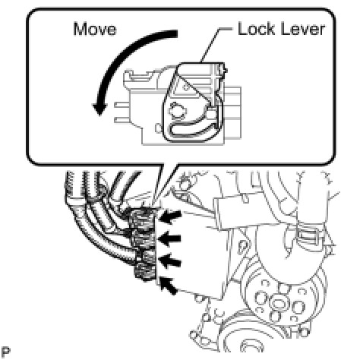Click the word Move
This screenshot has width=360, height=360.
click(95, 29)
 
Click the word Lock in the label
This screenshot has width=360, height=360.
click(257, 29)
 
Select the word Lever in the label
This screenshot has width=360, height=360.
click(303, 29)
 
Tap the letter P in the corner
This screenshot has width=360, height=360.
click(5, 352)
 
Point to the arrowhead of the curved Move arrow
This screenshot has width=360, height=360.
click(99, 109)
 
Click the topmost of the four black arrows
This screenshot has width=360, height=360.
click(170, 217)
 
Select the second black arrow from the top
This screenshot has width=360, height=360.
click(169, 238)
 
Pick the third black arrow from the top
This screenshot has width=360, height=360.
click(170, 261)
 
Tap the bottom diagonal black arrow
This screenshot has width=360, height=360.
click(168, 286)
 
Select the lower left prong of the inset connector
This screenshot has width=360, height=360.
click(122, 120)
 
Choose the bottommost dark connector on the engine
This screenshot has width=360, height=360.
click(145, 271)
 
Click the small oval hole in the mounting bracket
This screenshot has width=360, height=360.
click(242, 245)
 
